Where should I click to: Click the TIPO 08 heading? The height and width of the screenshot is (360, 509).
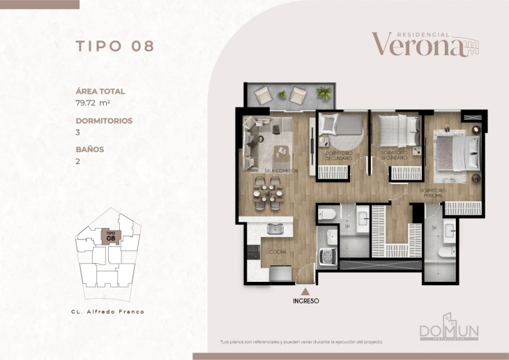(114, 47)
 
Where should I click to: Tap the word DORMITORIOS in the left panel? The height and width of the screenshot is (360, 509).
(104, 121)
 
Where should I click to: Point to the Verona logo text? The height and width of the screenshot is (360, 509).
(418, 45)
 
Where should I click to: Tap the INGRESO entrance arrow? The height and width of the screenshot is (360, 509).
(305, 292)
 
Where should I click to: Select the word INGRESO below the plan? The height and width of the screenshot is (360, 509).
(305, 301)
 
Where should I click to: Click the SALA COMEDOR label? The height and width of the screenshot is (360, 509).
(280, 170)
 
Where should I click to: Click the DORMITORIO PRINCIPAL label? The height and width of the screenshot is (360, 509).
(432, 193)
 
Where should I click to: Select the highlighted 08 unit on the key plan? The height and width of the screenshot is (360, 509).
(109, 237)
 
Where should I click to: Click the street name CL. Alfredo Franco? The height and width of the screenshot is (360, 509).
(107, 312)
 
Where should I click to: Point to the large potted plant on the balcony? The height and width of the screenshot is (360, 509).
(324, 93)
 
